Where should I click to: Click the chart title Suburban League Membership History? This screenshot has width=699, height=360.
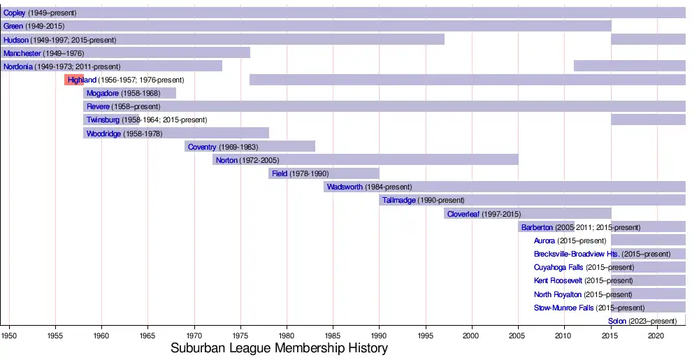[x=279, y=347]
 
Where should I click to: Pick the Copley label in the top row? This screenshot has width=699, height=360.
[x=14, y=13]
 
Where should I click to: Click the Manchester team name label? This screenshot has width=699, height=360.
[x=22, y=53]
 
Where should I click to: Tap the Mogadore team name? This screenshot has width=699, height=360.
[x=103, y=93]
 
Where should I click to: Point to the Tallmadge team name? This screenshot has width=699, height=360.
[x=399, y=201]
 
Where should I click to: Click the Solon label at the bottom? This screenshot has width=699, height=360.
[x=617, y=321]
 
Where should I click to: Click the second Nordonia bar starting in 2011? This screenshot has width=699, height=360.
[x=629, y=66]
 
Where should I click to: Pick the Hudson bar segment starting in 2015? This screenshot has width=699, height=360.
[x=648, y=40]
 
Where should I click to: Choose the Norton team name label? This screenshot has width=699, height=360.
[x=226, y=160]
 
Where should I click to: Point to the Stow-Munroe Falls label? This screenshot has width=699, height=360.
[x=563, y=308]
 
